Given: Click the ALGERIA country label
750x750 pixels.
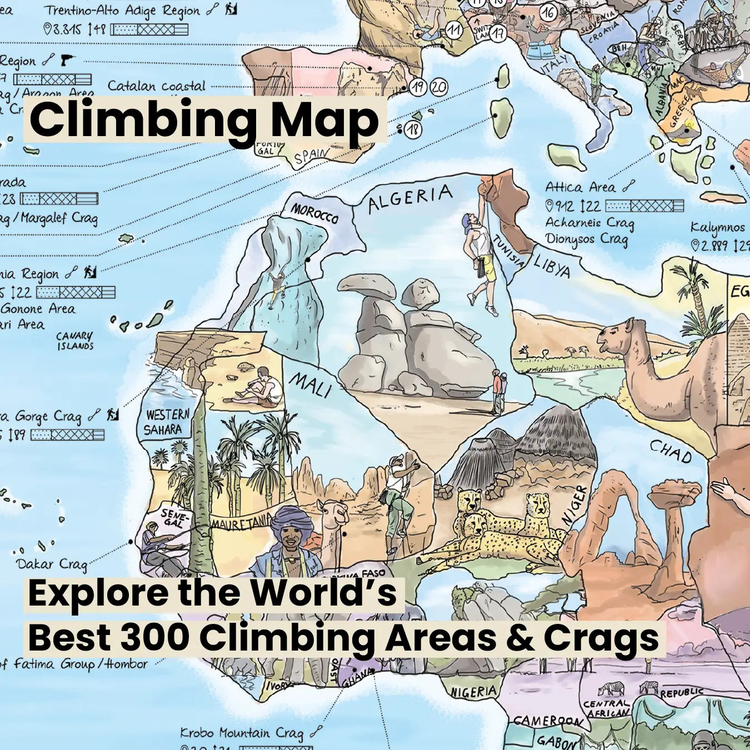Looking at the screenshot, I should pos(411,199).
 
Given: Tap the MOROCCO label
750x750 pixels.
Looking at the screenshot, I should pos(314,213).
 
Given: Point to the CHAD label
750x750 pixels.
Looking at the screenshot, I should pos(671,452).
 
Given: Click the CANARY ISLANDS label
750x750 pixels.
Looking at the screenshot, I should pos(75,341).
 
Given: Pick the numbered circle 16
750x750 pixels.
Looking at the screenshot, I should pos(548,12).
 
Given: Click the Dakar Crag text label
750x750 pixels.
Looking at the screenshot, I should pos(52,564).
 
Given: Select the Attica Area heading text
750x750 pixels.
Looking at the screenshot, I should pos(580,187).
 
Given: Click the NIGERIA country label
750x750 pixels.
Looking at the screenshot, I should pos(473,692).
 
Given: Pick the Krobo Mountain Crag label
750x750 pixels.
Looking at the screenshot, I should pos(242,733).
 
